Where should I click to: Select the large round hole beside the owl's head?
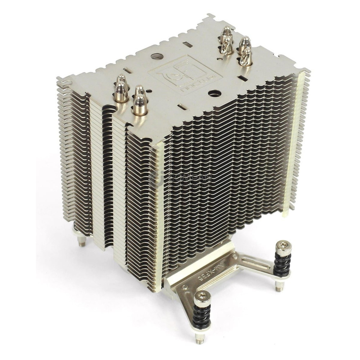pyautogui.click(x=157, y=57)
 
